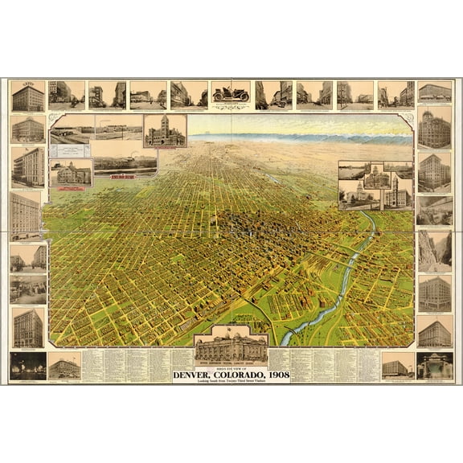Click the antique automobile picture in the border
[x=231, y=94]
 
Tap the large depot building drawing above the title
[x=231, y=346]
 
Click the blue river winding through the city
[x=346, y=281]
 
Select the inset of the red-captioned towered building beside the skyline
[x=164, y=131]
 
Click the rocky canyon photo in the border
[x=435, y=251]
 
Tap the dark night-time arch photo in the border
[x=435, y=366]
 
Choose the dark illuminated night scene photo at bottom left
[x=27, y=366]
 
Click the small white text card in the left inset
[x=72, y=151]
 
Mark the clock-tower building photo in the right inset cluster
[x=398, y=191]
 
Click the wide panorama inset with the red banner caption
[x=125, y=165]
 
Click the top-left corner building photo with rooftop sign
[x=27, y=96]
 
